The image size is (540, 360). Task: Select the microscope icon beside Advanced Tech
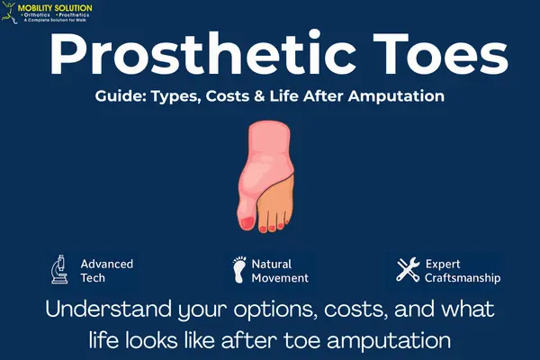(x=60, y=269)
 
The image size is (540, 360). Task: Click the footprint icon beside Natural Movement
(x=238, y=269)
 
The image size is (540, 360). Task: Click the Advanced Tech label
(x=106, y=271)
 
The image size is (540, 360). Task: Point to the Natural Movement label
(x=279, y=271)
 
